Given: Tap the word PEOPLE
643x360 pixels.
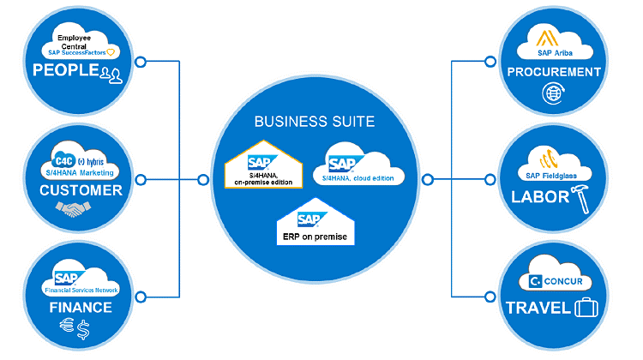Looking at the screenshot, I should (x=65, y=70).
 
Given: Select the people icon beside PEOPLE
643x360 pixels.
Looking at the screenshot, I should (x=111, y=73).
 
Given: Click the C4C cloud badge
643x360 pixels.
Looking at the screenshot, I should (x=63, y=159).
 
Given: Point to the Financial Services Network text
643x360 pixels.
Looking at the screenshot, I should (x=84, y=291).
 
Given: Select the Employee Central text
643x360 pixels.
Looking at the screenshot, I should (x=78, y=42).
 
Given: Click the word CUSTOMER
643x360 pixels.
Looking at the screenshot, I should (x=82, y=190).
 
